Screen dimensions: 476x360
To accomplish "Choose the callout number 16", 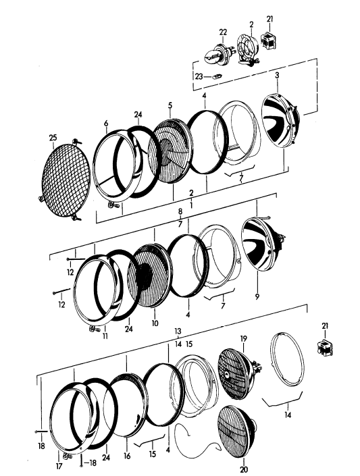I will pos(126,456).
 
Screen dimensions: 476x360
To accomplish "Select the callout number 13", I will pos(178,332).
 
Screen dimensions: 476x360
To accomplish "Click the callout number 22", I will pos(222,31).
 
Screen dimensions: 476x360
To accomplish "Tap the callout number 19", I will pos(244,337).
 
